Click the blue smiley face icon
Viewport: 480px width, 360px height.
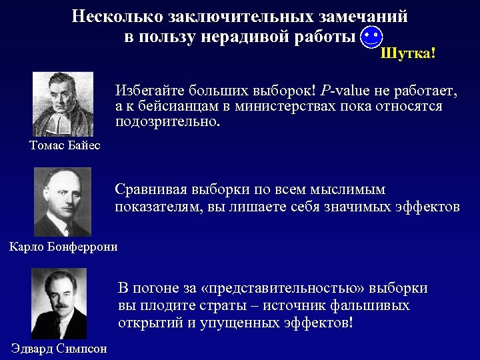click(371, 39)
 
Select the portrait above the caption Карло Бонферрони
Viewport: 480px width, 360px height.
click(62, 201)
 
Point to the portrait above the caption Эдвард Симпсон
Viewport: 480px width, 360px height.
click(59, 303)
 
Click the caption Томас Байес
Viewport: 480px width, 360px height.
click(65, 145)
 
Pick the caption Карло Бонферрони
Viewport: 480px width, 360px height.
click(63, 247)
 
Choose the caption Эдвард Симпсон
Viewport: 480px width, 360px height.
click(59, 348)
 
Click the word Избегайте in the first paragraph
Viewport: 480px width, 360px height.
click(149, 91)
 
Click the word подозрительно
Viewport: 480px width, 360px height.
click(167, 123)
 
